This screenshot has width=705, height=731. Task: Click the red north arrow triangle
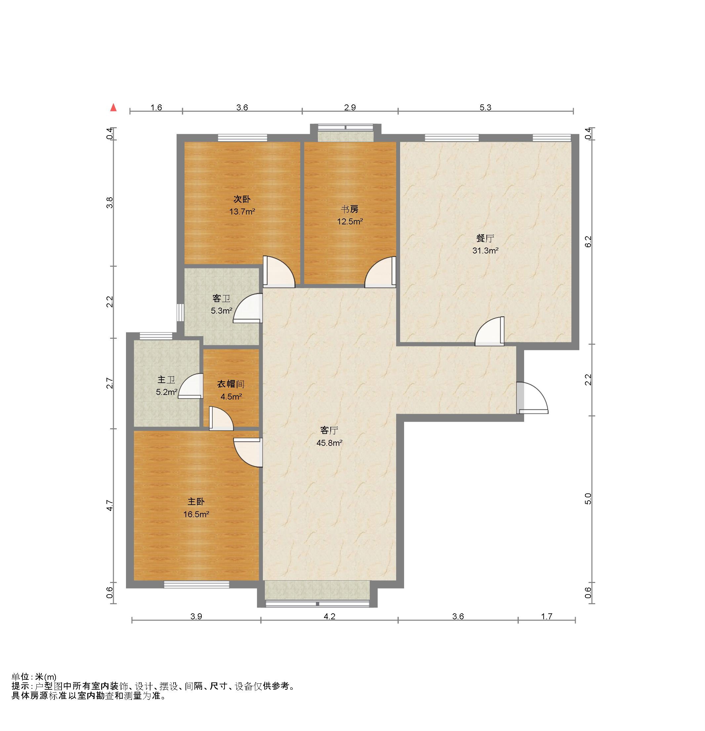[x=113, y=108]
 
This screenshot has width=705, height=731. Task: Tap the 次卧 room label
[x=242, y=199]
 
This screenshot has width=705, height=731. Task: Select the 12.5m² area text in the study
[x=350, y=221]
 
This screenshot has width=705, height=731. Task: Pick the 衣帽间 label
[x=230, y=384]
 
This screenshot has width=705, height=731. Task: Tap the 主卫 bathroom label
[x=166, y=380]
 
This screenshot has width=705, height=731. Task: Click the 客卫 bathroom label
[x=221, y=298]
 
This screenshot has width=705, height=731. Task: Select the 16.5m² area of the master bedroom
[x=196, y=515]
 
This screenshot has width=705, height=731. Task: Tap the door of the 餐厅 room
[x=490, y=331]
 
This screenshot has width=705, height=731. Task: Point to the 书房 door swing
[x=380, y=272]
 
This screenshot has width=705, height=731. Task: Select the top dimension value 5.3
[x=485, y=107]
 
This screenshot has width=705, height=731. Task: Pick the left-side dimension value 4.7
[x=109, y=506]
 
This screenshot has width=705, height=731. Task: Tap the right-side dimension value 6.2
[x=588, y=242]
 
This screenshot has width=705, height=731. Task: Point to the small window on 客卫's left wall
[x=180, y=313]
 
